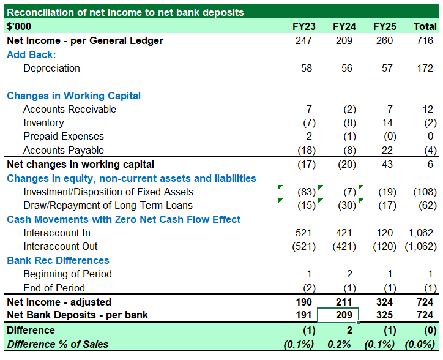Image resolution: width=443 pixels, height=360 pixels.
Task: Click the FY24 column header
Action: (x=344, y=26)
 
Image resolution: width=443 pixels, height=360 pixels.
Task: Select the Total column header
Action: (x=425, y=26)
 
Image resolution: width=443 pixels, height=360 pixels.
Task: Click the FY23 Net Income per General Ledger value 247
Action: (x=303, y=40)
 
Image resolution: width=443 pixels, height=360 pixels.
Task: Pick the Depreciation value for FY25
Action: (x=387, y=68)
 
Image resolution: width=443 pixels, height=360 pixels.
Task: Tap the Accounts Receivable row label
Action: (x=70, y=109)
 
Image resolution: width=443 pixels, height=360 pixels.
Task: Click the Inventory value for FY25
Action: (x=387, y=122)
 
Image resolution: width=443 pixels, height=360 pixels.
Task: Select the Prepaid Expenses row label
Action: (x=64, y=136)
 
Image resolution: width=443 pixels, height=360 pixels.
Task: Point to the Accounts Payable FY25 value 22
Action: (x=387, y=150)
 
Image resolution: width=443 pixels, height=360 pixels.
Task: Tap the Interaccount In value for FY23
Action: (x=303, y=233)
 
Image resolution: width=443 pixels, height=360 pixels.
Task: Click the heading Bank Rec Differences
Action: (x=58, y=260)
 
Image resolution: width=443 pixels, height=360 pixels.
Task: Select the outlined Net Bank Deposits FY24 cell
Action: (x=338, y=315)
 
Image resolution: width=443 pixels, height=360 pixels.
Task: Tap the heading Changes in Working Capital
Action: (x=73, y=96)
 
